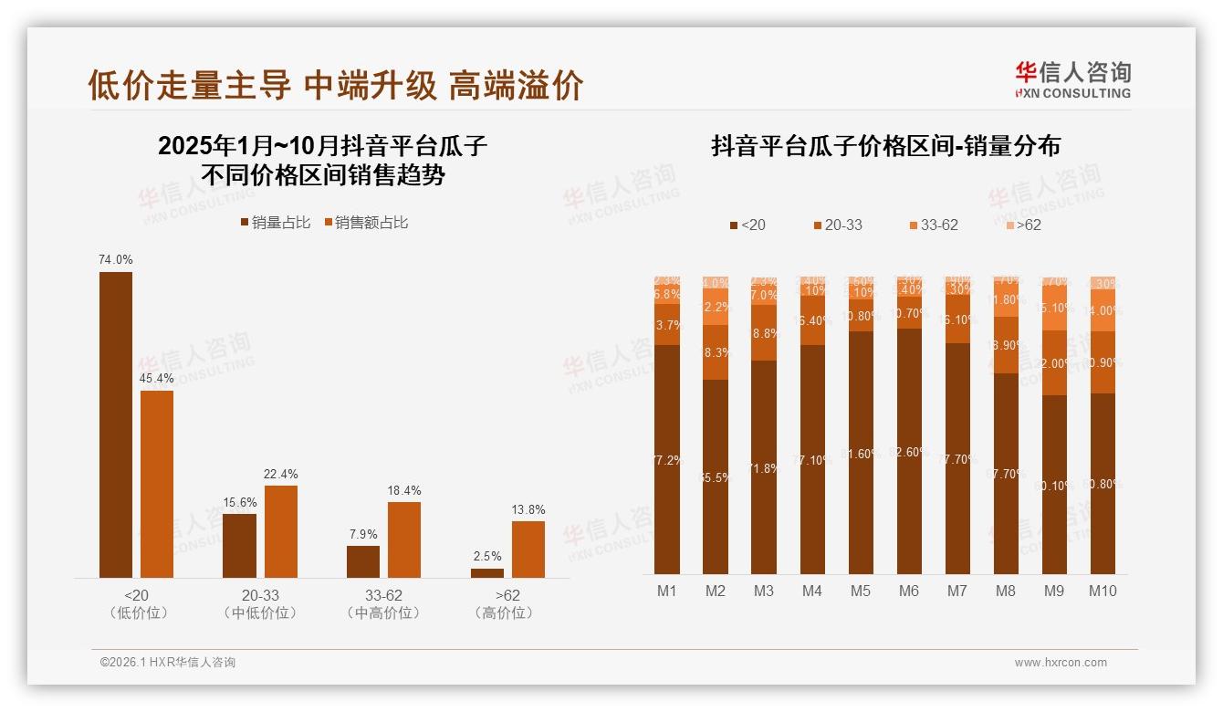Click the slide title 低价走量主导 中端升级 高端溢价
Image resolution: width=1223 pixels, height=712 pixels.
click(335, 85)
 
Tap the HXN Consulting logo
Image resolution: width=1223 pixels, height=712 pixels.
click(1072, 80)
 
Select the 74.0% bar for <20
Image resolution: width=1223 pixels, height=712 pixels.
click(116, 424)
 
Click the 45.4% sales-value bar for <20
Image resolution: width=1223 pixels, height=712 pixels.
click(157, 484)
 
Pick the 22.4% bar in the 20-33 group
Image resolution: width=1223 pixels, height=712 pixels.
click(281, 531)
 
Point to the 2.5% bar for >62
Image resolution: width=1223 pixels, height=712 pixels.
click(487, 572)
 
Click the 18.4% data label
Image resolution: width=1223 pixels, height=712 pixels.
click(404, 491)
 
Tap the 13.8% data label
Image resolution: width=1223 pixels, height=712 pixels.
click(528, 510)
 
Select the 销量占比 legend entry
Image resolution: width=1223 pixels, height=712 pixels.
click(275, 223)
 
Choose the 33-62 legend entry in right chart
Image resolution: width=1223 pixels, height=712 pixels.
click(933, 225)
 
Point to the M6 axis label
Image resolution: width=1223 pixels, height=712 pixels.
click(908, 591)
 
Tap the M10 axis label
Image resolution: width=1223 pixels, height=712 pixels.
click(1103, 591)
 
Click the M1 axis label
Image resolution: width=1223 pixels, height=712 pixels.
click(667, 591)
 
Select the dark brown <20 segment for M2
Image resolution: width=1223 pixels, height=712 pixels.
click(716, 476)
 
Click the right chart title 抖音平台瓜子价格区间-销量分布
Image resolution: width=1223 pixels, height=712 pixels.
click(885, 147)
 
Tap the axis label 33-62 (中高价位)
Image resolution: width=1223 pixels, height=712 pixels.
click(383, 604)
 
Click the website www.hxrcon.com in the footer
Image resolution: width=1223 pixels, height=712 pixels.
click(1061, 663)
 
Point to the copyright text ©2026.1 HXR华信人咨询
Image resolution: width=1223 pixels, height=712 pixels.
click(168, 663)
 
